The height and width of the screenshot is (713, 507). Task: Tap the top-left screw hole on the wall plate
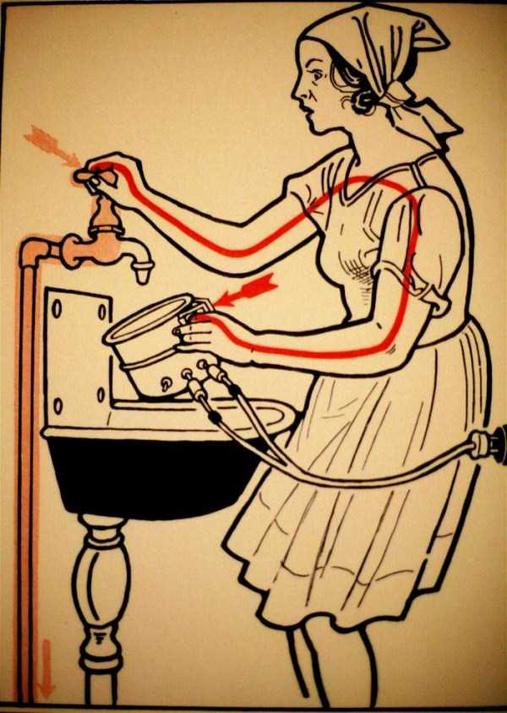(57, 309)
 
